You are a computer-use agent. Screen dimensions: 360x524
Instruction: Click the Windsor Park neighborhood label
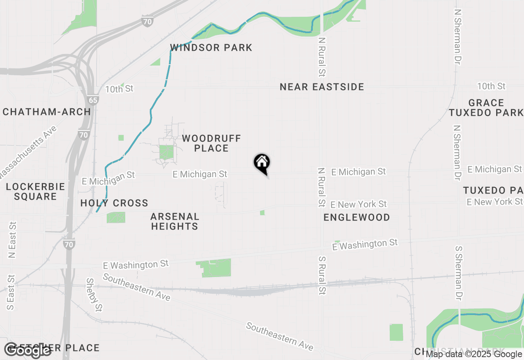tap(211, 48)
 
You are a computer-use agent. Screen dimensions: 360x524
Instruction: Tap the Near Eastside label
tap(322, 87)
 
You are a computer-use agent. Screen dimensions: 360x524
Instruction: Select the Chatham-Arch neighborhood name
tap(47, 112)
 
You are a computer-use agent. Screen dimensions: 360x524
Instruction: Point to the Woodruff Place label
tap(211, 143)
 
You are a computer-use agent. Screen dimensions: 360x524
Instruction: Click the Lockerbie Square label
tap(36, 191)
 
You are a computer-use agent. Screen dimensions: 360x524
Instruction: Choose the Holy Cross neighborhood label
tap(114, 203)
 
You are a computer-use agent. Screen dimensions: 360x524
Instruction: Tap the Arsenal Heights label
tap(174, 221)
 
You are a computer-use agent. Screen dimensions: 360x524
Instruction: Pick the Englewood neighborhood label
tap(357, 217)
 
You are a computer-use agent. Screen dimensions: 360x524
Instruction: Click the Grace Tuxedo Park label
tap(486, 108)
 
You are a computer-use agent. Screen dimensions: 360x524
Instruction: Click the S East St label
tap(11, 292)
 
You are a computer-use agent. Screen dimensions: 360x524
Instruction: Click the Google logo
tap(27, 350)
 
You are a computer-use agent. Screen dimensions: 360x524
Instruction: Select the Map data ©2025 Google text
tap(474, 354)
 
